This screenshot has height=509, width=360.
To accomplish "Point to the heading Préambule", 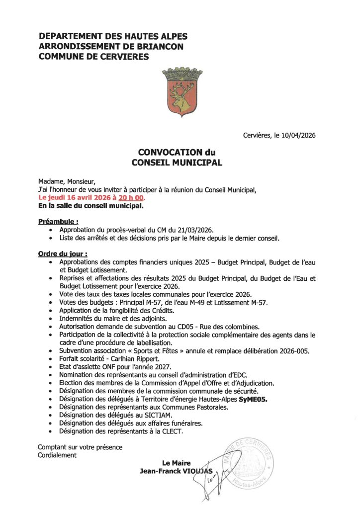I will click(58, 221).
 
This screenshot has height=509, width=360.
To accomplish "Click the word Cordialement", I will click(57, 455).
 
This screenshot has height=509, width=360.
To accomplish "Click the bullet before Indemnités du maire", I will click(53, 319).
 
